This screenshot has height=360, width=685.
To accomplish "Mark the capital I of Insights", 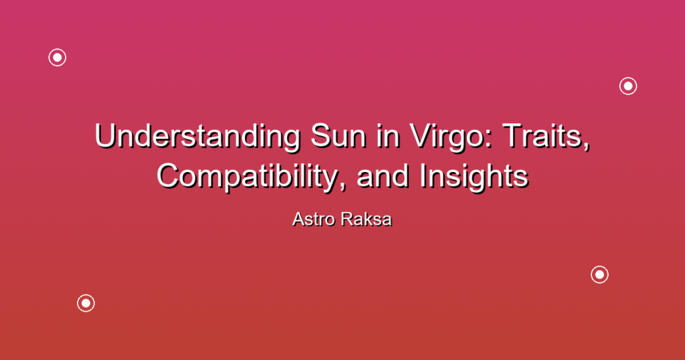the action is pyautogui.click(x=423, y=177).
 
